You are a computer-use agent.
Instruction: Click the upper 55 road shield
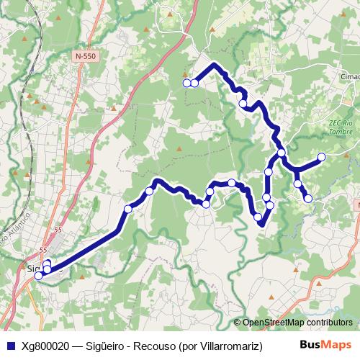pyautogui.click(x=58, y=228)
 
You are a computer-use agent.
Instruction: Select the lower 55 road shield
pyautogui.click(x=43, y=250)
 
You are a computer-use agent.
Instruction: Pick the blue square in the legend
pyautogui.click(x=10, y=345)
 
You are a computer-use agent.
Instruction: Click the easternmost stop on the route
pyautogui.click(x=321, y=157)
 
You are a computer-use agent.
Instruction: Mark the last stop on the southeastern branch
pyautogui.click(x=308, y=198)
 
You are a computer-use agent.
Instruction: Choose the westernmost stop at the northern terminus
pyautogui.click(x=186, y=84)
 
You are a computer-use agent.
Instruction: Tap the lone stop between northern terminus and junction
pyautogui.click(x=243, y=103)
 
